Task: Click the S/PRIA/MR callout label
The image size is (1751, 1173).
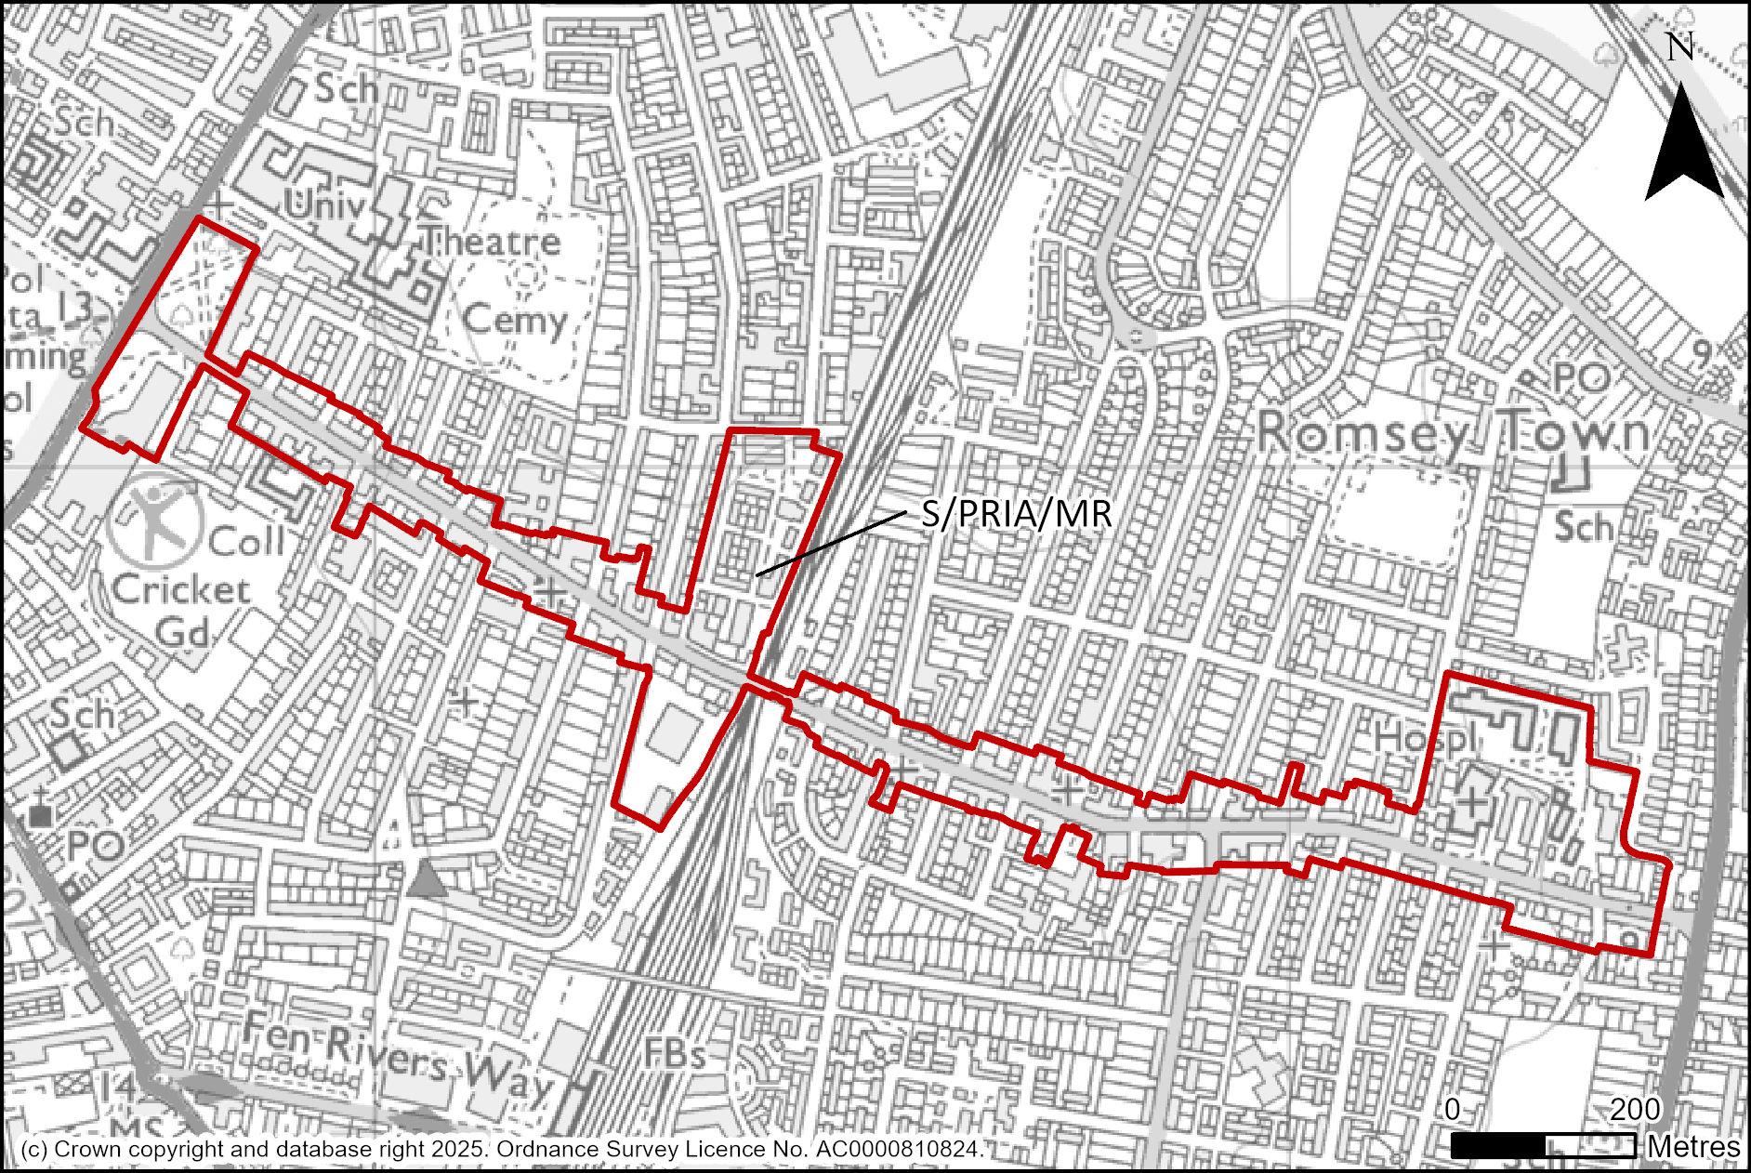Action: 1016,514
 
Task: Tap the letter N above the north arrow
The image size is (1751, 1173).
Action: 1679,46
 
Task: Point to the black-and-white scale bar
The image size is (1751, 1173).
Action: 1543,1146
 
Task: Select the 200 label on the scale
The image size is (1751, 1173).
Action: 1635,1109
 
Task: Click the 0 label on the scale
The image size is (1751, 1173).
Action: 1453,1109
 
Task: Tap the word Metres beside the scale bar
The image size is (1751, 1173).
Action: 1693,1147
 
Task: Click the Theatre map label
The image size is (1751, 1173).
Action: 493,242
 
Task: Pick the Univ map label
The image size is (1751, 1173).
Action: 323,205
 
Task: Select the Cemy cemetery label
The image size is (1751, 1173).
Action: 514,321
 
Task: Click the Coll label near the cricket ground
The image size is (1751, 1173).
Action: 246,541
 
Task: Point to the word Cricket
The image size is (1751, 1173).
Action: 181,589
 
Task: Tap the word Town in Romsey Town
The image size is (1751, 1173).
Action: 1576,431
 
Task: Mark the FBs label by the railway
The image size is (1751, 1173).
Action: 676,1054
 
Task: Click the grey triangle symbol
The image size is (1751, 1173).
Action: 427,878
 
